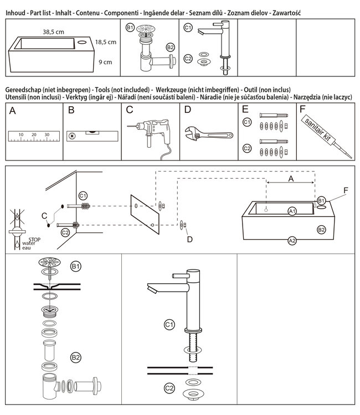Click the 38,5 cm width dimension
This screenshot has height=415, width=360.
coord(54,32)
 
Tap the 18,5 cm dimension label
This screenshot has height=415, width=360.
coord(105,42)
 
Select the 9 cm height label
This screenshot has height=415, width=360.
coord(105,62)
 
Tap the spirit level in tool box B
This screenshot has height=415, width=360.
coord(90,134)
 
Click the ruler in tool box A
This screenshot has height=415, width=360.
coord(33,136)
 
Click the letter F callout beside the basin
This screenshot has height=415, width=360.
coord(345,190)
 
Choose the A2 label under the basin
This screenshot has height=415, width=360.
coord(292,240)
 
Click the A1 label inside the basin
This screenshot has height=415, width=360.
coord(292,211)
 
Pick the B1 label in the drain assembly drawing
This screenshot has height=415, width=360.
coord(76,267)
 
